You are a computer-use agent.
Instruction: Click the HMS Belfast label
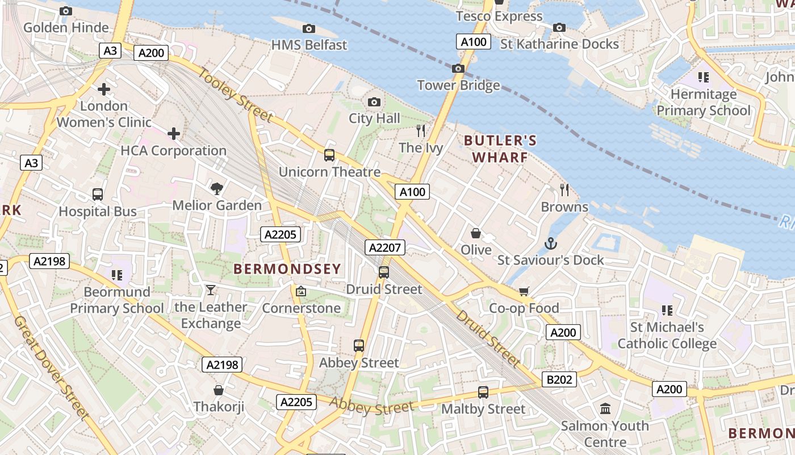click(x=309, y=44)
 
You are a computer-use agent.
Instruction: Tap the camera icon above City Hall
click(x=374, y=102)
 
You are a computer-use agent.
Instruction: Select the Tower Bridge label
click(x=458, y=85)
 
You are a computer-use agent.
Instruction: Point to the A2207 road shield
click(x=386, y=247)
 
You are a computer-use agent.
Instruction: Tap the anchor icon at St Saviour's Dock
click(x=550, y=244)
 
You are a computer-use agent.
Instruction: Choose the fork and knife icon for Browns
click(x=564, y=190)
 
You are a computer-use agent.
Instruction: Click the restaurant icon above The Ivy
click(x=421, y=131)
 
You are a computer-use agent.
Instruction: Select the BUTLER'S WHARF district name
click(x=500, y=148)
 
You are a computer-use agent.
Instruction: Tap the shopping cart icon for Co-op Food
click(x=524, y=292)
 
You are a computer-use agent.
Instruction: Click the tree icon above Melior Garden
click(x=216, y=189)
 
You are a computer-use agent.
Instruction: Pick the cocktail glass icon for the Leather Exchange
click(x=211, y=290)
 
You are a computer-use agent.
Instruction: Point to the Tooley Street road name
click(x=235, y=94)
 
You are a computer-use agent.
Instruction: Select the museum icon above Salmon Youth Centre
click(x=605, y=409)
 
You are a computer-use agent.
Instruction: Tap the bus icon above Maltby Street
click(x=483, y=392)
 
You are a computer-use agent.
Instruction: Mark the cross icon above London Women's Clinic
click(x=104, y=89)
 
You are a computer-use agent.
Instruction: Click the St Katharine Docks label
click(x=559, y=44)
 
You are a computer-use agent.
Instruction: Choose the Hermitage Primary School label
click(x=703, y=102)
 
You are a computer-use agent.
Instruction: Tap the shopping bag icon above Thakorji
click(x=218, y=390)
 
